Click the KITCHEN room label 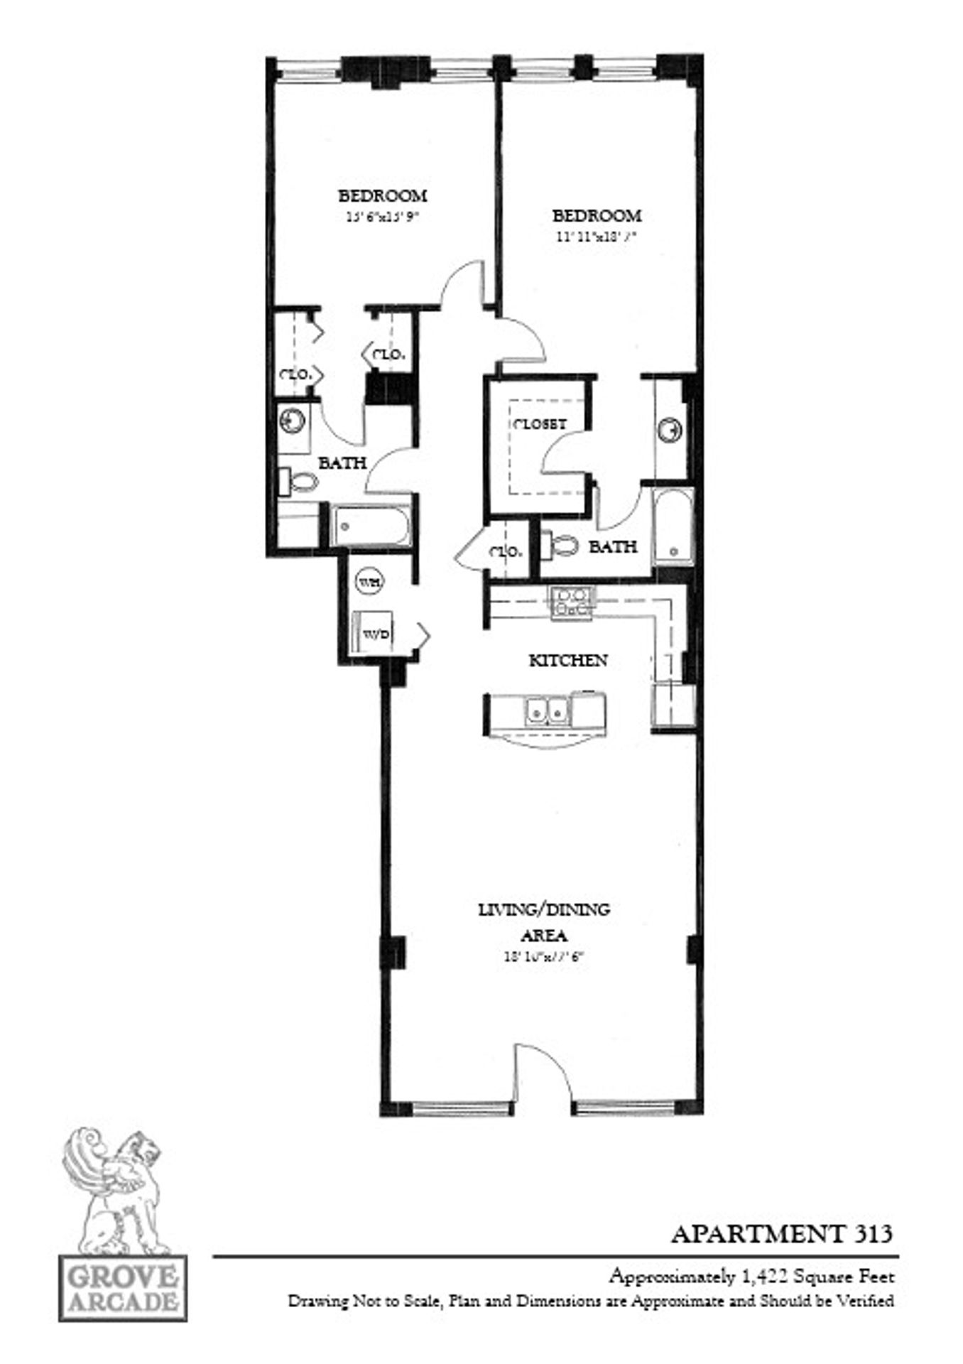coord(567,661)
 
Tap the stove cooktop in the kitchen coord(572,602)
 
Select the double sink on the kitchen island coord(545,709)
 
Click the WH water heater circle coord(369,581)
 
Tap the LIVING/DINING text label coord(544,909)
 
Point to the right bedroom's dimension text coord(595,239)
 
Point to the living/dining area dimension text coord(543,956)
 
